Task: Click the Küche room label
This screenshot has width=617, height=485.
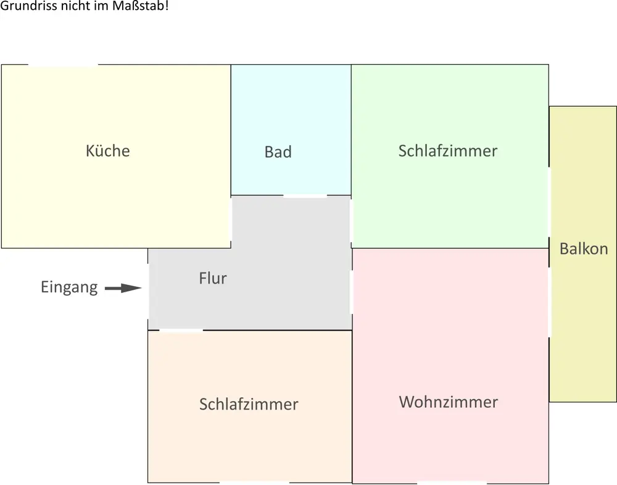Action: pos(108,151)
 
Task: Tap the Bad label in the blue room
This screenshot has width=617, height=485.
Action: pos(278,152)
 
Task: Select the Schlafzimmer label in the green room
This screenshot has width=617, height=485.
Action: pos(447,151)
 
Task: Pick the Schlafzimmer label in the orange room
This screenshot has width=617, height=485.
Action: pos(249,404)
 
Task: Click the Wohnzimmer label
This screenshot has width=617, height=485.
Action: pos(448,402)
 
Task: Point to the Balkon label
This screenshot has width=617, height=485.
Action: pos(583,249)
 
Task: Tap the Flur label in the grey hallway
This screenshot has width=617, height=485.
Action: pos(213,278)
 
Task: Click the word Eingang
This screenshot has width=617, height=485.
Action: pos(69,287)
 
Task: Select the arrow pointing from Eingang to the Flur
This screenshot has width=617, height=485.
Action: pos(123,288)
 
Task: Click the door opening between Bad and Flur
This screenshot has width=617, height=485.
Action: pos(305,196)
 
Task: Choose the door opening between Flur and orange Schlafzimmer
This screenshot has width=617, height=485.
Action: pos(181,331)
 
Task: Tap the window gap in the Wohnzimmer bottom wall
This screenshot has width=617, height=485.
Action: pos(451,483)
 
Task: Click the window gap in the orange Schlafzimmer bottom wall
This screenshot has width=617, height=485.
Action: pos(254,483)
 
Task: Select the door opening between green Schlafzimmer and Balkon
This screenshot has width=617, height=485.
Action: pos(549,202)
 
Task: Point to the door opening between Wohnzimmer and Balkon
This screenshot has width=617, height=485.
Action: pos(549,293)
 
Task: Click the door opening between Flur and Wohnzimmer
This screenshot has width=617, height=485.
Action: pos(352,290)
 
